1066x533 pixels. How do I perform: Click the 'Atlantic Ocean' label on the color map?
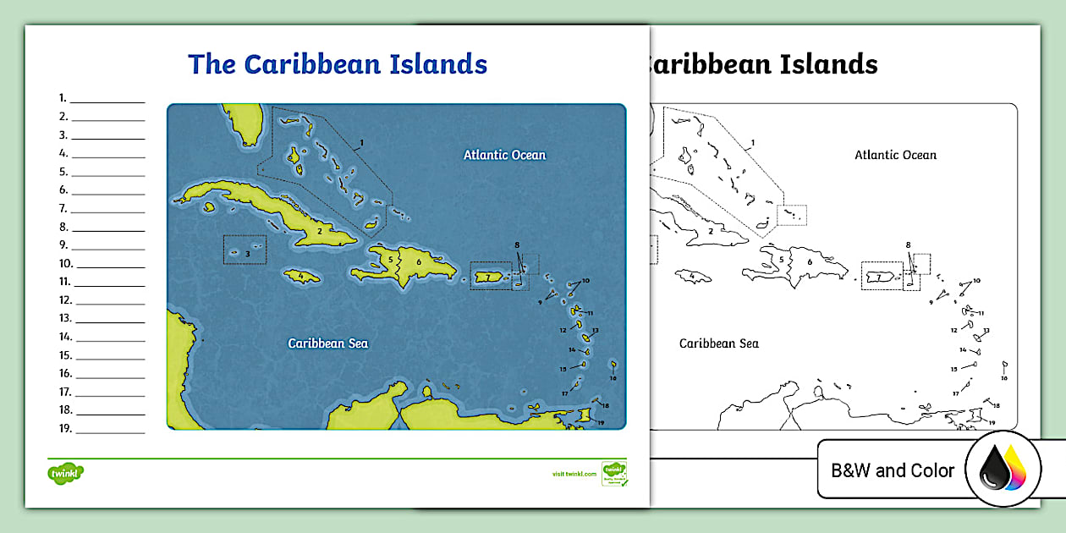point(504,155)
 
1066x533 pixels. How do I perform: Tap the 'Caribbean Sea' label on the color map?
point(327,343)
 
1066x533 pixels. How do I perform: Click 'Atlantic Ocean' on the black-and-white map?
point(895,155)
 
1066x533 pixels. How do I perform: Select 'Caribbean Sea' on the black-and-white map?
point(718,343)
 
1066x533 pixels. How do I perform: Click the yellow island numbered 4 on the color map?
point(301,277)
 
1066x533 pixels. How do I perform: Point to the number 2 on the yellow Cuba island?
point(319,231)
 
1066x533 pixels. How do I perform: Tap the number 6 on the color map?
point(419,262)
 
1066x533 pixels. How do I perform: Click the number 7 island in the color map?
point(488,277)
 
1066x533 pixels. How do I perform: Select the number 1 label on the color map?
point(360,143)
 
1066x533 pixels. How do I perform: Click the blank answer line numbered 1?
point(107,98)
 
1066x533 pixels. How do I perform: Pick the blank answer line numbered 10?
point(110,264)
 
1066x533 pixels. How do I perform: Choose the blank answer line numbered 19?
point(110,429)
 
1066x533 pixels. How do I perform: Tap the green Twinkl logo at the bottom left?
point(64,472)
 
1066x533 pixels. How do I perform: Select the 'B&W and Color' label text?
point(893,470)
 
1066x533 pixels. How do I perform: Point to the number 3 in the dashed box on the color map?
point(248,253)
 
